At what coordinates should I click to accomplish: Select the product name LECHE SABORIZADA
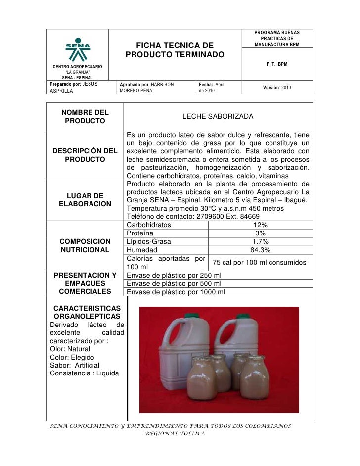(x=218, y=116)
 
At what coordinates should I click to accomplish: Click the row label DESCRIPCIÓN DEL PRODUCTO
(x=85, y=155)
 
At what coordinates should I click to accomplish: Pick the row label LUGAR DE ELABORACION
(x=85, y=199)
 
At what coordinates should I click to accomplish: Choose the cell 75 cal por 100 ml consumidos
(x=260, y=262)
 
